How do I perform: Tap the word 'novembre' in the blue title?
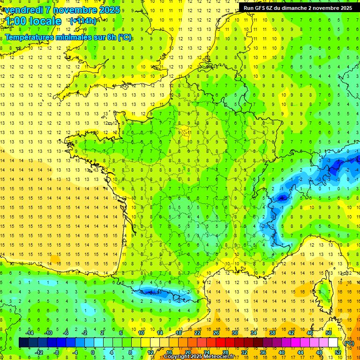tap(75, 10)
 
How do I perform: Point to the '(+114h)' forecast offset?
tap(83, 21)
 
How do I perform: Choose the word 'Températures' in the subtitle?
tap(28, 37)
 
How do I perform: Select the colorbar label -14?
tap(29, 333)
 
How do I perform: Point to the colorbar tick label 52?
tap(337, 352)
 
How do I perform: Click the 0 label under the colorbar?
tap(93, 352)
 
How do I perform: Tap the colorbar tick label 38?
tap(272, 333)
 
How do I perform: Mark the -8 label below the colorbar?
tap(57, 352)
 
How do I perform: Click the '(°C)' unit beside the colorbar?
tap(349, 343)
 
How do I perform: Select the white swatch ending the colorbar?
tap(333, 343)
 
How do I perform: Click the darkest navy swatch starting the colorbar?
tap(23, 343)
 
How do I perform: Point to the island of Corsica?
tap(323, 291)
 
